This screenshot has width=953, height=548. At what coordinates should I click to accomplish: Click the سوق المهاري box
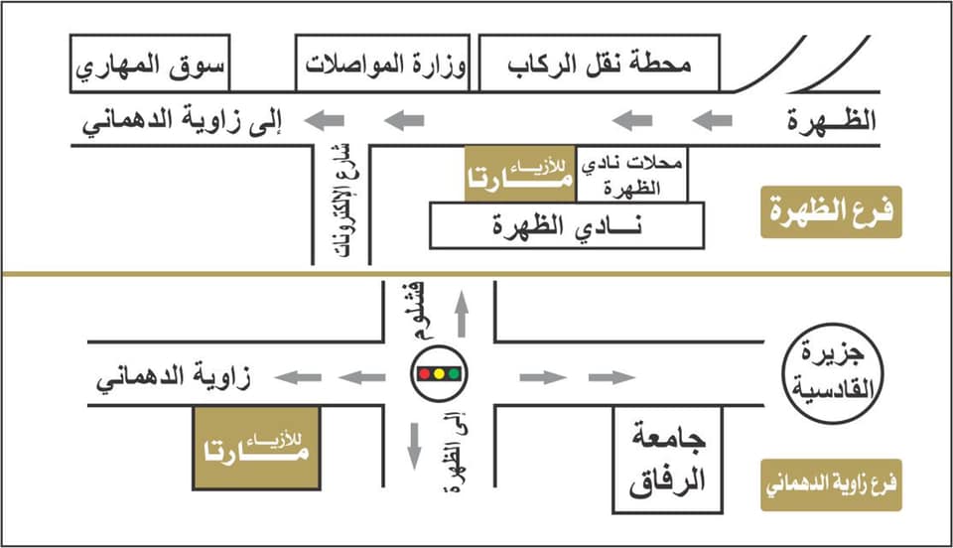point(150,64)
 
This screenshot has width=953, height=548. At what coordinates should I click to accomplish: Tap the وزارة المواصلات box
point(382,64)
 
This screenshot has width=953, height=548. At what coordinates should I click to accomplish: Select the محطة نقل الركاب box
point(600,64)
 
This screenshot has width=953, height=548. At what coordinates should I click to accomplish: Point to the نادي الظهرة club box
point(567,226)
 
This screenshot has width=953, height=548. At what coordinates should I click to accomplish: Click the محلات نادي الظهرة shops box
point(631,175)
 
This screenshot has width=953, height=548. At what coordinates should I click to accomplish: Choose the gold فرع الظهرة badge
point(831,212)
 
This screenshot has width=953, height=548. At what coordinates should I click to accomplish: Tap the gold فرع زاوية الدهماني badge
point(831,484)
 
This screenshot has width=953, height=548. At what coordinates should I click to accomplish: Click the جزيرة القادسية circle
point(832,373)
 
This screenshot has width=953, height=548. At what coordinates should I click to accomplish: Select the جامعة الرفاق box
point(667,460)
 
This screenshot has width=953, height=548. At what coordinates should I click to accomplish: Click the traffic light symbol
point(440,373)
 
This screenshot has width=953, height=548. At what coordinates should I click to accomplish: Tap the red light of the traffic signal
point(424,373)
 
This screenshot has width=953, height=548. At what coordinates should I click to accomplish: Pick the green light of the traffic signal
point(454,373)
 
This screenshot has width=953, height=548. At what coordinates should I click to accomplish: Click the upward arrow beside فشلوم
point(462,314)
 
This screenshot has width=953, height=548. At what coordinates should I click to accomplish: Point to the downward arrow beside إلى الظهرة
point(415,447)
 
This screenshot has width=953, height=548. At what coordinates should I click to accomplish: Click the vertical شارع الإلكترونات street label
point(345,202)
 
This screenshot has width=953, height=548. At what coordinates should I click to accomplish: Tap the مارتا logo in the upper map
point(519,175)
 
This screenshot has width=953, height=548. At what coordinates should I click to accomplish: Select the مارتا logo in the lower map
point(256,449)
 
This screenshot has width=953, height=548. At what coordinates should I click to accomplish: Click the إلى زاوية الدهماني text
point(183,121)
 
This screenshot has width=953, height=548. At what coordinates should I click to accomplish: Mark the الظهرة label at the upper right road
point(832,120)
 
